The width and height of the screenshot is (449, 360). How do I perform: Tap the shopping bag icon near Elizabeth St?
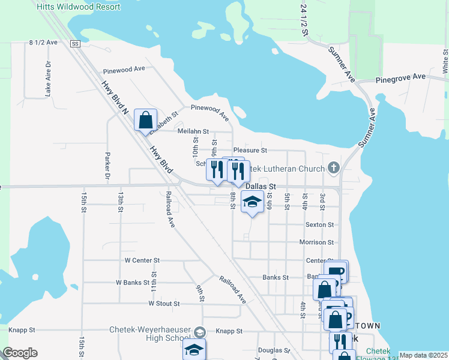[145, 120]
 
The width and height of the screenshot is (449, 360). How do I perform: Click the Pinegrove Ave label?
[400, 77]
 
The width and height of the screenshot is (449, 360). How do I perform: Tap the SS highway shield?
[75, 44]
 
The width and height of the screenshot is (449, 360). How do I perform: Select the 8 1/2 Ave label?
[43, 43]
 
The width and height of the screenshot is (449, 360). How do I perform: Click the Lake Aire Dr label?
[48, 79]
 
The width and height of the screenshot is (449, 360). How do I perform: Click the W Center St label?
[142, 260]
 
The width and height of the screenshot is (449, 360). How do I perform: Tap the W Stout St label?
[164, 304]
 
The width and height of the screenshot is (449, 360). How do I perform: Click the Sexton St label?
[319, 224]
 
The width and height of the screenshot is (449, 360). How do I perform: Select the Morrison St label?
[316, 242]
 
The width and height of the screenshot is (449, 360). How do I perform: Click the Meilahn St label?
[193, 131]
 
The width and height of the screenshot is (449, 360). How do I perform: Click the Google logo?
[20, 353]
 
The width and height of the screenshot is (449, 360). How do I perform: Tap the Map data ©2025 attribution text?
[423, 355]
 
